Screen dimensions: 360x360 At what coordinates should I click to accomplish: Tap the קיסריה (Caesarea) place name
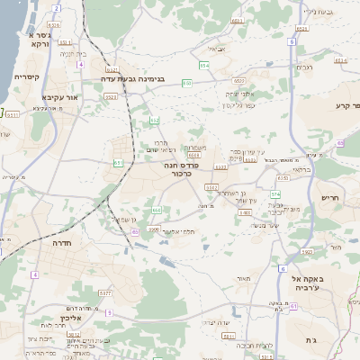click(x=27, y=76)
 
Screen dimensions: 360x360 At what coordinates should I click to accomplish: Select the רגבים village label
click(x=305, y=67)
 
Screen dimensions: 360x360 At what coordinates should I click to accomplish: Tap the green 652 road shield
click(x=155, y=120)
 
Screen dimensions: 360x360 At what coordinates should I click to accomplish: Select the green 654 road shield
click(x=204, y=66)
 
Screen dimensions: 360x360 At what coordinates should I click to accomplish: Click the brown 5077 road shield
click(x=106, y=292)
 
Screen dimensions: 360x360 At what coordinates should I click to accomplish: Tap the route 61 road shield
click(x=293, y=306)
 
